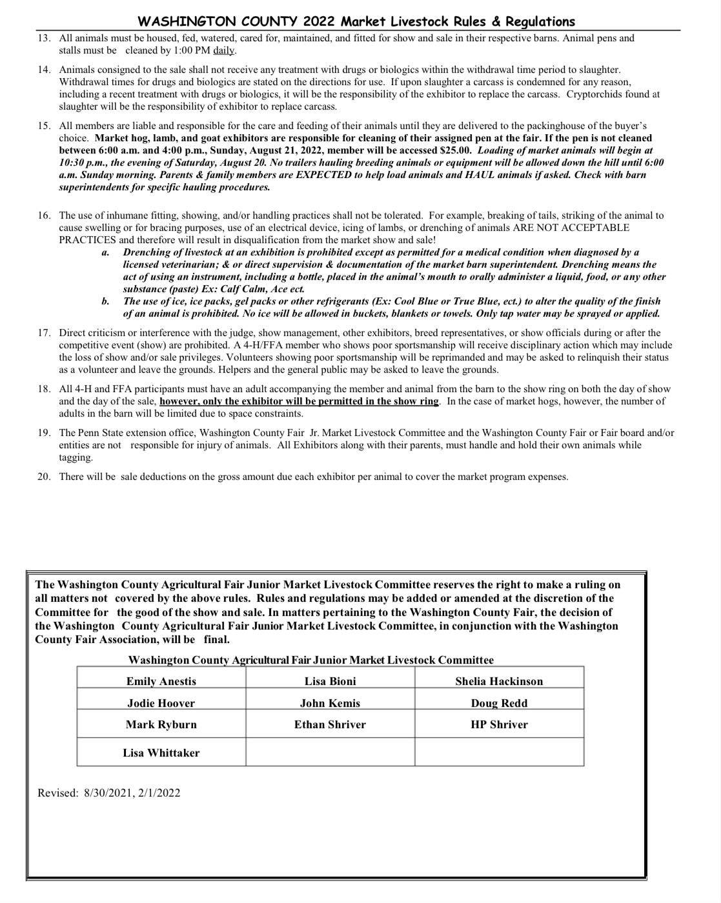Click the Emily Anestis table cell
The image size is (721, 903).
point(161,681)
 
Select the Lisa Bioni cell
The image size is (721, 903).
point(330,681)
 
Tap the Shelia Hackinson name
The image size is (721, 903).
point(499,681)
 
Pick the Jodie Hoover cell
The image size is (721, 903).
point(161,703)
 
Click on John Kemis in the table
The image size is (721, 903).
point(330,703)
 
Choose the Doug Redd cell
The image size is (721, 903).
point(499,703)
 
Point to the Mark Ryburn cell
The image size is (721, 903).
point(161,724)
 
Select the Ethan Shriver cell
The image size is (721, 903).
point(330,724)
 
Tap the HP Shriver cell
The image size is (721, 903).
point(499,724)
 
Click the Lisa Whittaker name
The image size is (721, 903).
point(161,753)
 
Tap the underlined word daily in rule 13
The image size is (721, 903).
point(225,50)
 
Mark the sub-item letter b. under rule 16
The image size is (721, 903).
point(105,301)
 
